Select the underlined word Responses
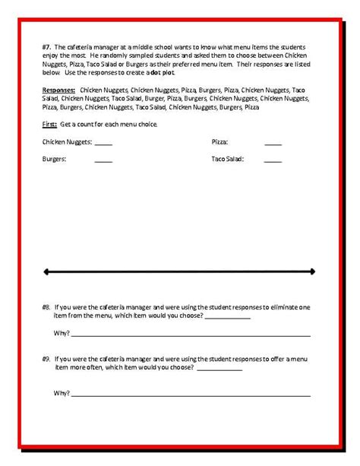point(58,90)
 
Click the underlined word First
point(50,124)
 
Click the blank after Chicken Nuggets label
point(103,143)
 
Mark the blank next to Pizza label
point(273,143)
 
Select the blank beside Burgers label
point(103,160)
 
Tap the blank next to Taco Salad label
point(273,160)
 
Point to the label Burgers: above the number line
point(55,160)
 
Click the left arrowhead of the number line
point(47,271)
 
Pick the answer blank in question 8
point(227,318)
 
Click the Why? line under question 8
point(190,335)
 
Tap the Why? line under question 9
point(190,395)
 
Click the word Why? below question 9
point(62,393)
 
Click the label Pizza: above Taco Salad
point(219,142)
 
